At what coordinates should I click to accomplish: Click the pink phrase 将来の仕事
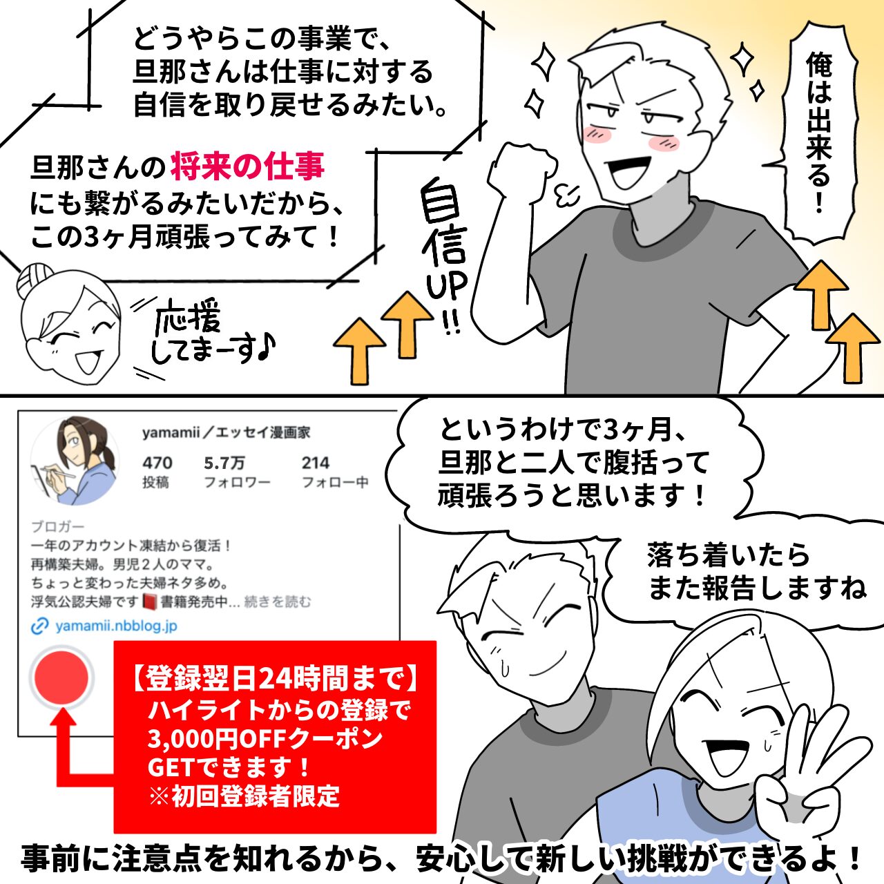point(248,167)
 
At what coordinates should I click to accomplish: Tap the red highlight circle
point(61,677)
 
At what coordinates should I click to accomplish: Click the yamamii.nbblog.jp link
point(117,626)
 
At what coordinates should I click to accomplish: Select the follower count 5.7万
point(224,463)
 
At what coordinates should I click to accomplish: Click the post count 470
point(157,463)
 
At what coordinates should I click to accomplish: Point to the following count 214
point(316,463)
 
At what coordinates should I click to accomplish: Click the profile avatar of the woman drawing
point(75,461)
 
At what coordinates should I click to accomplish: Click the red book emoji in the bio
point(150,602)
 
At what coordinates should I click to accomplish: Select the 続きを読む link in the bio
point(277,602)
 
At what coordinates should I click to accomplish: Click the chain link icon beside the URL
point(40,626)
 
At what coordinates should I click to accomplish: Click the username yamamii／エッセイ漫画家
point(226,432)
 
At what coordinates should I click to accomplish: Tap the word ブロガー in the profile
point(58,527)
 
